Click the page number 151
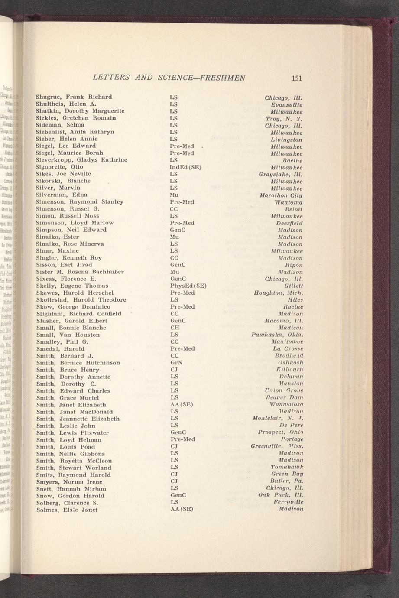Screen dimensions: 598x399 pos(297,78)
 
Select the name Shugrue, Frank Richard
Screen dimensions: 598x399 pos(74,97)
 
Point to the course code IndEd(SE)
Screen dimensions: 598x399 pos(186,167)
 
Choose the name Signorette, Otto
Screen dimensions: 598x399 pos(59,167)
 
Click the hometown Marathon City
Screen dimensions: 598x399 pos(281,195)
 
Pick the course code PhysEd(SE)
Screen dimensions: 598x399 pos(188,286)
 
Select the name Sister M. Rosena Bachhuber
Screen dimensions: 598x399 pos(80,272)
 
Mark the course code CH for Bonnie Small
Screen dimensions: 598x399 pos(175,328)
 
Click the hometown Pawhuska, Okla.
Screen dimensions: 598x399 pos(277,335)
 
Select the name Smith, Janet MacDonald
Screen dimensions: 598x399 pos(74,412)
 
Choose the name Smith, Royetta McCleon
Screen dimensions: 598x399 pos(74,461)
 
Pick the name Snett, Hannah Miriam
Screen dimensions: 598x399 pos(71,489)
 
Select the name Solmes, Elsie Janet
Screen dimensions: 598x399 pos(66,510)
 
